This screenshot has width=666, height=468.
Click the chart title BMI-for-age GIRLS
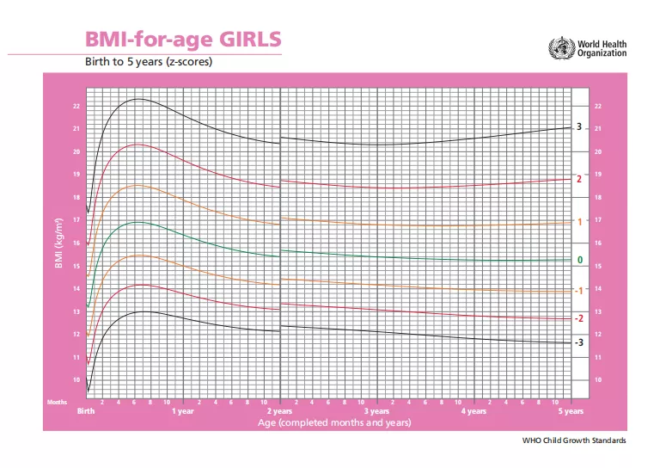tap(182, 40)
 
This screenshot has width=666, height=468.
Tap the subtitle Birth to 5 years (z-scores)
tap(148, 62)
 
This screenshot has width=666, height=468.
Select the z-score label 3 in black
tap(579, 127)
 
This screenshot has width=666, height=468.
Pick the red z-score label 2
tap(579, 179)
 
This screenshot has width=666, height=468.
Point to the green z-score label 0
tap(579, 260)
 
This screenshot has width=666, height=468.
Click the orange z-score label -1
tap(578, 291)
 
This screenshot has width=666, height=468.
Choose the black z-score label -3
tap(578, 342)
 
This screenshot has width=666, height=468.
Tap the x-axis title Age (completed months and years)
tap(333, 422)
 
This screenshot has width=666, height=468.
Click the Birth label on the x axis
tap(86, 411)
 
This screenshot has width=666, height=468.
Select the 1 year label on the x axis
tap(183, 411)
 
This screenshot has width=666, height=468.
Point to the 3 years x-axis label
tap(377, 411)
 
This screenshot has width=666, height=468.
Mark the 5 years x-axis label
tap(571, 411)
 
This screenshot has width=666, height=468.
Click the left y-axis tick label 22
tap(76, 107)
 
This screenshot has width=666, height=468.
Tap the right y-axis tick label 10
tap(598, 380)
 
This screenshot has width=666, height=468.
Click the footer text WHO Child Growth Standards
tap(574, 440)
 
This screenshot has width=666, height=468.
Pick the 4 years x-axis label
tap(474, 411)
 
